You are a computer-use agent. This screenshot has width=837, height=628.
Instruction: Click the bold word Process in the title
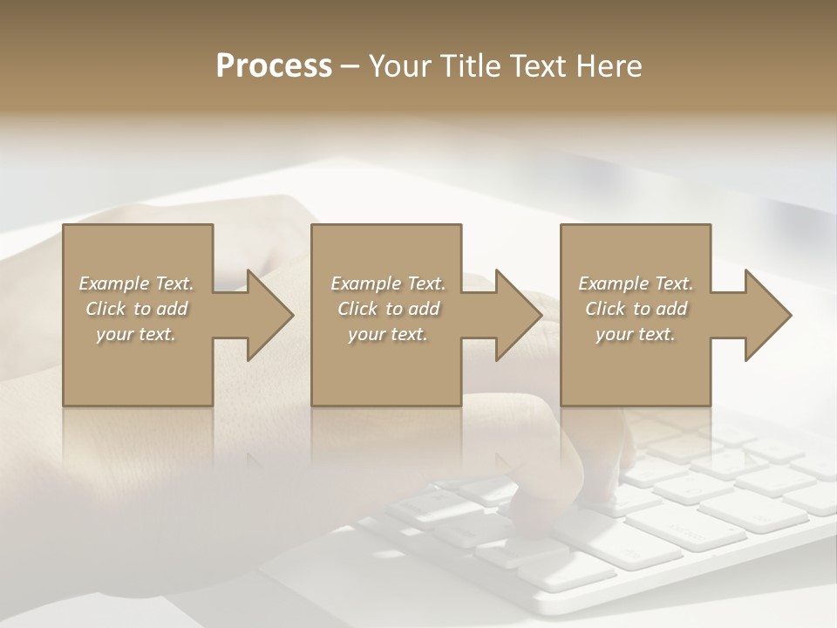274,66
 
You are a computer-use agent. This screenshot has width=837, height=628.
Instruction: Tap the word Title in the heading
471,66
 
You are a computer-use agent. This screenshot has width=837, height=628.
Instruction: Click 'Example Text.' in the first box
136,283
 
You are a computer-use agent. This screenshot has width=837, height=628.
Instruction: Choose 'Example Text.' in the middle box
388,283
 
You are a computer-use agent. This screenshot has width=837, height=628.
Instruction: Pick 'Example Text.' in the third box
636,283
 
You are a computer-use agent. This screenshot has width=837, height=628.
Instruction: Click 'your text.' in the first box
136,334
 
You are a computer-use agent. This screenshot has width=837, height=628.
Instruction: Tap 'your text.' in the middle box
388,334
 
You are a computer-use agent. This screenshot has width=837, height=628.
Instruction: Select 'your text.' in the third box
636,334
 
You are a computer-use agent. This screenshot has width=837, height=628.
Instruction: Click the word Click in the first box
105,309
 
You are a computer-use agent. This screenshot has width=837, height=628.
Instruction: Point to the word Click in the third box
605,309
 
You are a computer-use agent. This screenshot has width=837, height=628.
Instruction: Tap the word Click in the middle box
357,309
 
